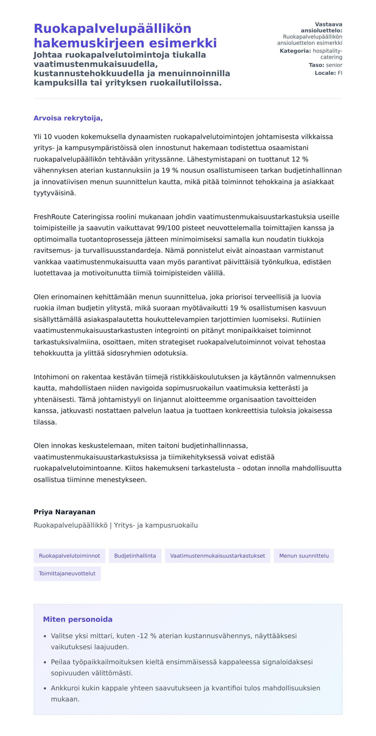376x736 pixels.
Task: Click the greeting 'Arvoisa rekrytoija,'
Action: pos(68,118)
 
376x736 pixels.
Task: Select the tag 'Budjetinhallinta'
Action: pos(135,556)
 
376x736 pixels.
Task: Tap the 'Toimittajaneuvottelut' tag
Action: pos(67,574)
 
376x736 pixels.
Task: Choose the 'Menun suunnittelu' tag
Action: pos(304,556)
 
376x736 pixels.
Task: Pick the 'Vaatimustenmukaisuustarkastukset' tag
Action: pos(217,556)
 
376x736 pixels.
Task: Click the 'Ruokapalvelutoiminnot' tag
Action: pos(69,556)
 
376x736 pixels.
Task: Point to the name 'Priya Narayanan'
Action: pos(64,512)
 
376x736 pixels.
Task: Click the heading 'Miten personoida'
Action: pos(77,619)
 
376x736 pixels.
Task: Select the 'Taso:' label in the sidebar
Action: pos(316,65)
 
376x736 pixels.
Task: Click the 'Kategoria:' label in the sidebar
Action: pos(295,51)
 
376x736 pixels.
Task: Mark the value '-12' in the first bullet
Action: pos(142,636)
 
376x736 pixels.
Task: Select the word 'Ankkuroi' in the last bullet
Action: pos(64,688)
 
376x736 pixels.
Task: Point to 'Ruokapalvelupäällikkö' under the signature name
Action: pos(70,525)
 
